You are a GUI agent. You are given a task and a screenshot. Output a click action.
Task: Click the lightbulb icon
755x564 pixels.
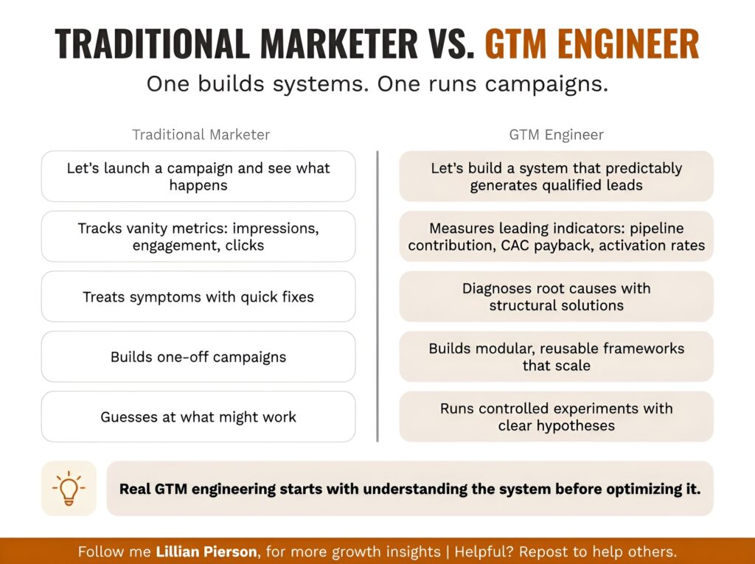pos(69,488)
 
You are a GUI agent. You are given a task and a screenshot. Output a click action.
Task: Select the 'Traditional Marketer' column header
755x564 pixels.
pos(201,135)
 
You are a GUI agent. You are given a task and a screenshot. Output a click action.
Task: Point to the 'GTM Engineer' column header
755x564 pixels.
pos(556,135)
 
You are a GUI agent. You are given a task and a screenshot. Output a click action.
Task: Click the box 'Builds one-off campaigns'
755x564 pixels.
pos(198,357)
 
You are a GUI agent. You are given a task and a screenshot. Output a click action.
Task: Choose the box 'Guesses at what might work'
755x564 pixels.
pos(198,417)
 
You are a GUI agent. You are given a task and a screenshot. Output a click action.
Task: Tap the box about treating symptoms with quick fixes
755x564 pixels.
pos(198,297)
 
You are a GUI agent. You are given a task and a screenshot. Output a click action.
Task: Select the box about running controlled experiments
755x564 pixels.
pos(556,417)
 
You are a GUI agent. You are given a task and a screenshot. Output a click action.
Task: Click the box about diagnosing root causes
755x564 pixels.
pos(556,296)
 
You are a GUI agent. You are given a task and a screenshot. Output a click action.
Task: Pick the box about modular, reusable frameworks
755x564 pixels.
pos(556,356)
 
